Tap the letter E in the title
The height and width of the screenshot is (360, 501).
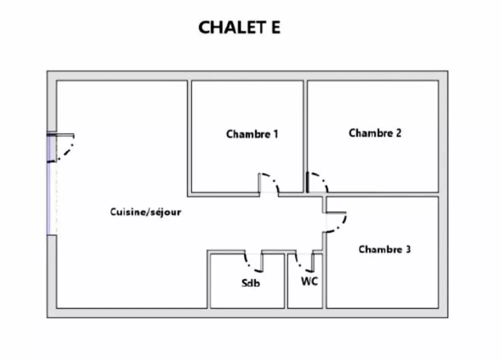point(275,28)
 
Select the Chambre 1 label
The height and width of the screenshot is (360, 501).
point(252,134)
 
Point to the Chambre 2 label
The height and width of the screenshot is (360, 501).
point(375,133)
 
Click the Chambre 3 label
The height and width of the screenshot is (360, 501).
point(384,249)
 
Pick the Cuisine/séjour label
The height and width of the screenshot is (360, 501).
point(145,212)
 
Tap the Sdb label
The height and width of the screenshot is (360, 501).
point(250,283)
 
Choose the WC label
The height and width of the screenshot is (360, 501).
point(309,281)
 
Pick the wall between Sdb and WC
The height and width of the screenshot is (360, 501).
point(286,280)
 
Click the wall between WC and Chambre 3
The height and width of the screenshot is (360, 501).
point(325,280)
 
